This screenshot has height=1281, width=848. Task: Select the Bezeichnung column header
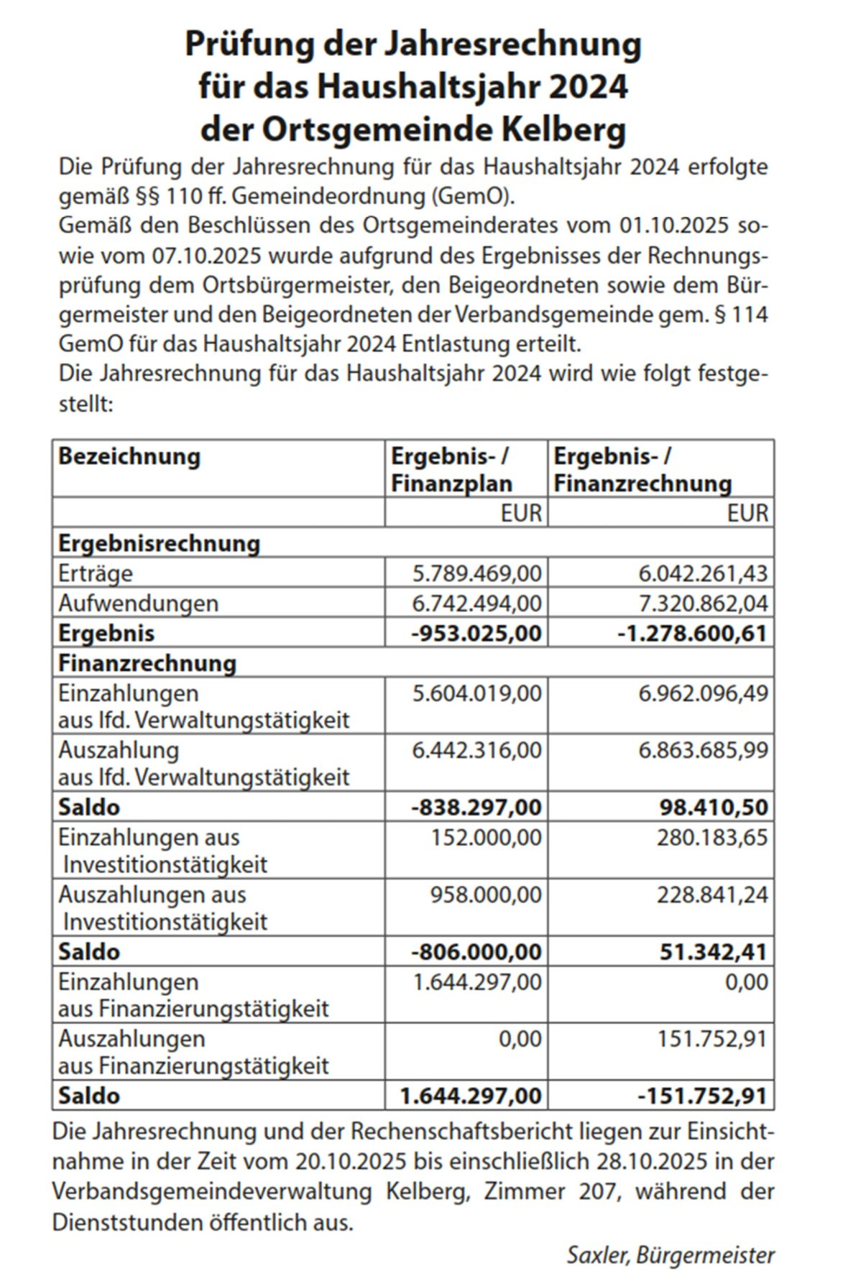[129, 457]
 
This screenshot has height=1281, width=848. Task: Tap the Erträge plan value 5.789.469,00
[476, 573]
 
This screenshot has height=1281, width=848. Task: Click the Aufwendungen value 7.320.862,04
[703, 603]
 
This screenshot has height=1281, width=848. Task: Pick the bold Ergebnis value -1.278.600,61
[692, 633]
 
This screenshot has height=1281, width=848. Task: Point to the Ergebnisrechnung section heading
[159, 543]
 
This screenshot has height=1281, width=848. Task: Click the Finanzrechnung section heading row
[147, 663]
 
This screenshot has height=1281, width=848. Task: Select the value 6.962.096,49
[703, 693]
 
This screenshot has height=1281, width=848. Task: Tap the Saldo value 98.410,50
[714, 807]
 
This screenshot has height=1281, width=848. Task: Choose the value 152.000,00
[486, 838]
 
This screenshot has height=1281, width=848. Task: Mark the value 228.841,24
[712, 895]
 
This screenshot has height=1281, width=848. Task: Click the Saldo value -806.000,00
[476, 952]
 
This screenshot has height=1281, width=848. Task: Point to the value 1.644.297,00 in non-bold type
[476, 982]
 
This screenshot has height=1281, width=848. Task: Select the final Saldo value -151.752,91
[702, 1096]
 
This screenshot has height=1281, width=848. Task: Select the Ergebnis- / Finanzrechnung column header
[642, 470]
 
